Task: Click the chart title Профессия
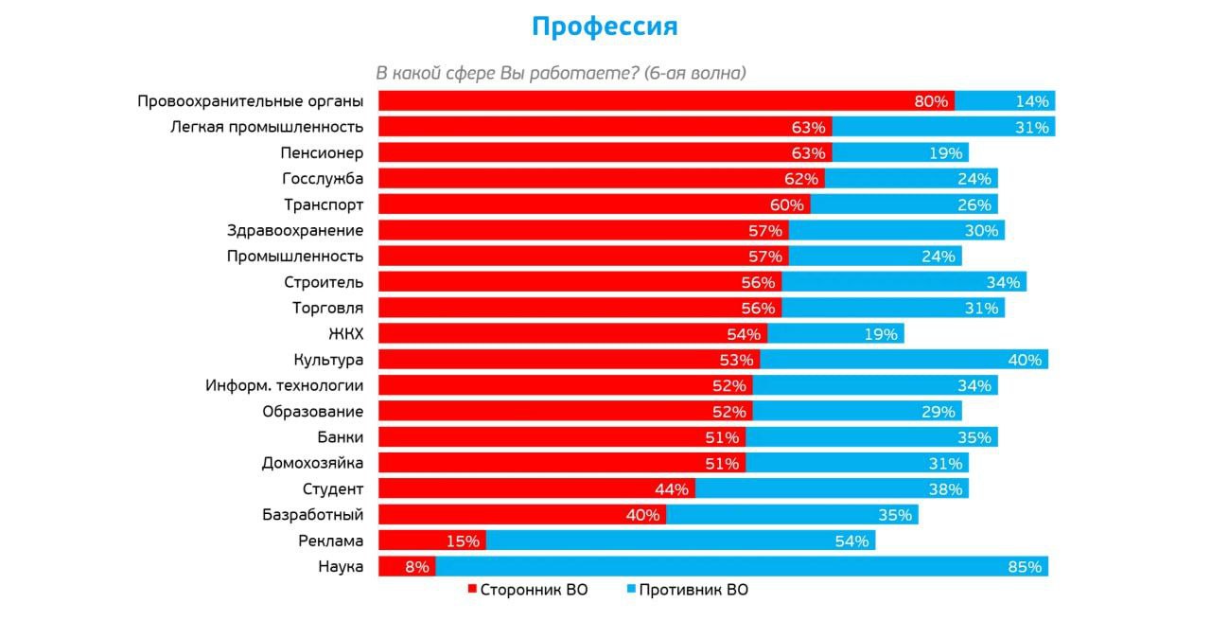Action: [x=605, y=27]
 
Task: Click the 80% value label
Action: [x=931, y=101]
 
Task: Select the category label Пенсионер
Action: [x=322, y=152]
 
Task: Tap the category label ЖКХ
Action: [x=345, y=333]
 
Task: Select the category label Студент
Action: [x=332, y=488]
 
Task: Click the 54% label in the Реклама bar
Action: [x=851, y=541]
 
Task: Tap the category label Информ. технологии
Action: [x=284, y=385]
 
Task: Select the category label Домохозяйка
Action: [x=312, y=463]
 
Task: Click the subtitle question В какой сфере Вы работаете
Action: [x=562, y=73]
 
